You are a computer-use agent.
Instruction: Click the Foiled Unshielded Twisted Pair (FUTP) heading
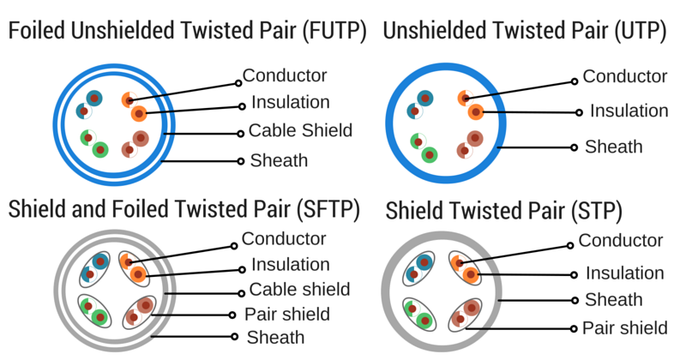coord(187,33)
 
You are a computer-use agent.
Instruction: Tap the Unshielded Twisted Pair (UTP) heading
coord(525,33)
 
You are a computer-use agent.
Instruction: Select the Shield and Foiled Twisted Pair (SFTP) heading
coord(184,208)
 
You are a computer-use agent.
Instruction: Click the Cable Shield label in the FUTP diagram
coord(300,131)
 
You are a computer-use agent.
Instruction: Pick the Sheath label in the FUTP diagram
coord(279,160)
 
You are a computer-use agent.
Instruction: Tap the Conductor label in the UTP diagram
coord(624,76)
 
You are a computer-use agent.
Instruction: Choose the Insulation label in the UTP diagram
coord(629,111)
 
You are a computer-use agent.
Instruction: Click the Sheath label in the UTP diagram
coord(613,147)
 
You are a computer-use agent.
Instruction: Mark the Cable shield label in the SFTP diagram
coord(299,289)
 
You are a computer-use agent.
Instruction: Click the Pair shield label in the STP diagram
coord(624,327)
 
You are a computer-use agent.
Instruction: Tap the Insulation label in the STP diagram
coord(624,273)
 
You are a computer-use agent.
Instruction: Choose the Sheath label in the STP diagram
coord(613,300)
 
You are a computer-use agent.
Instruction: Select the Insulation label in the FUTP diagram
coord(290,103)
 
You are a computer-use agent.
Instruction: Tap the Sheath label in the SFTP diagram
coord(275,337)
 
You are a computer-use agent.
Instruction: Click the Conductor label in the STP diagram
coord(621,241)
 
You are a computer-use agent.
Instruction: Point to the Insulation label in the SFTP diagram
coord(290,264)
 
